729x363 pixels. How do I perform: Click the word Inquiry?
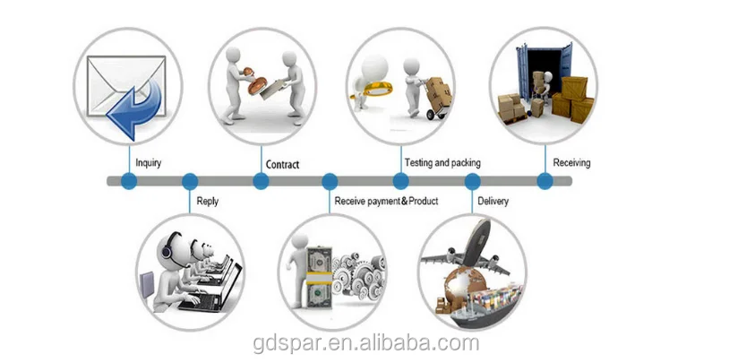pyautogui.click(x=150, y=163)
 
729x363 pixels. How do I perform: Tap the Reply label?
pyautogui.click(x=207, y=202)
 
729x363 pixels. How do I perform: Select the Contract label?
pyautogui.click(x=282, y=164)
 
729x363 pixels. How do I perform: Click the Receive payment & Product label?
pyautogui.click(x=386, y=202)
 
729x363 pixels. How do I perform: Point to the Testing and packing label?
pyautogui.click(x=442, y=163)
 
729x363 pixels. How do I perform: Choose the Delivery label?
pyautogui.click(x=493, y=202)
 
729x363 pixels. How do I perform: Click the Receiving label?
pyautogui.click(x=571, y=163)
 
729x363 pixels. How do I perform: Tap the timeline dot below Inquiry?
pyautogui.click(x=128, y=181)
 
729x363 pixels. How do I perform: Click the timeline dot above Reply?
pyautogui.click(x=190, y=181)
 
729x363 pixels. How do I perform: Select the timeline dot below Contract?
pyautogui.click(x=261, y=181)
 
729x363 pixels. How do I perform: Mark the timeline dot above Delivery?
pyautogui.click(x=472, y=181)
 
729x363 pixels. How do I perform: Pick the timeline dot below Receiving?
pyautogui.click(x=545, y=181)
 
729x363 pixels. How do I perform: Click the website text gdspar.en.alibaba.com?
pyautogui.click(x=364, y=343)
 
